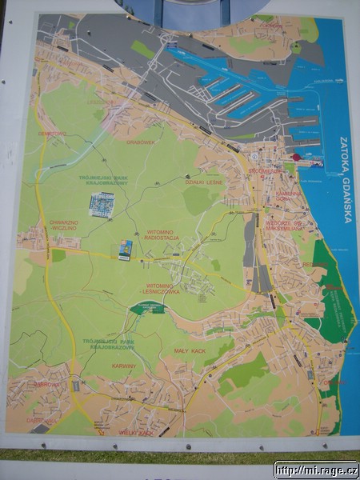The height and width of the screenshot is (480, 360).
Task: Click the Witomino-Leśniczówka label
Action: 162,289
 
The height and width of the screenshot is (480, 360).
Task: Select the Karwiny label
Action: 124,366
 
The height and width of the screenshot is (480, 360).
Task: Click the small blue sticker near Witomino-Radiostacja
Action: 126,250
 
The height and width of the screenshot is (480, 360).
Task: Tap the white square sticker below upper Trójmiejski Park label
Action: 102,206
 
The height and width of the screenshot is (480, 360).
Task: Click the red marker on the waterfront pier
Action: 295,157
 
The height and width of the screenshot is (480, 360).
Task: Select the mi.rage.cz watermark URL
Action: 316,470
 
